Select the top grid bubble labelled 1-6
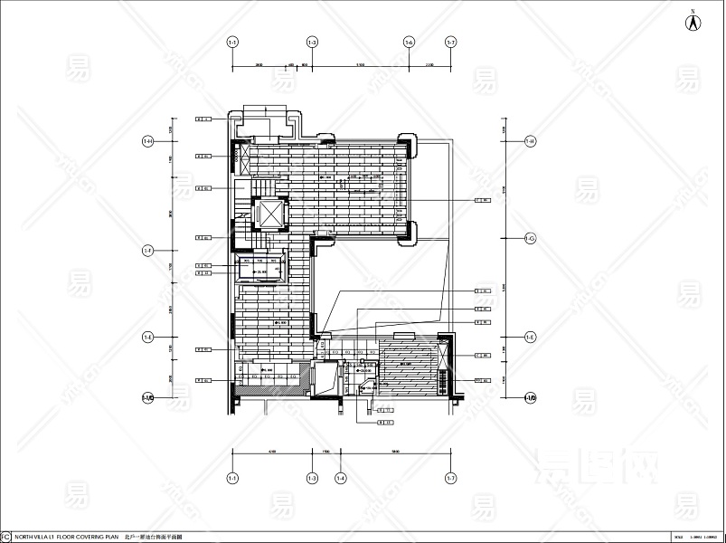coord(410,43)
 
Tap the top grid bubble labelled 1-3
coord(312,43)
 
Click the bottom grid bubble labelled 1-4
coord(340,478)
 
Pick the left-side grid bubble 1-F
coord(148,251)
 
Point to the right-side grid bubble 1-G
coord(531,238)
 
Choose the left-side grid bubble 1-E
coord(148,337)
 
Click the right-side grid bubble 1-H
coord(531,141)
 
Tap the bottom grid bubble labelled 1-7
coord(450,478)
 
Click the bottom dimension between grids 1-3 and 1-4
coord(325,451)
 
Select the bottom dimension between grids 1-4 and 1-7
coord(395,451)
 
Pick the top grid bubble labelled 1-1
coord(232,43)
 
